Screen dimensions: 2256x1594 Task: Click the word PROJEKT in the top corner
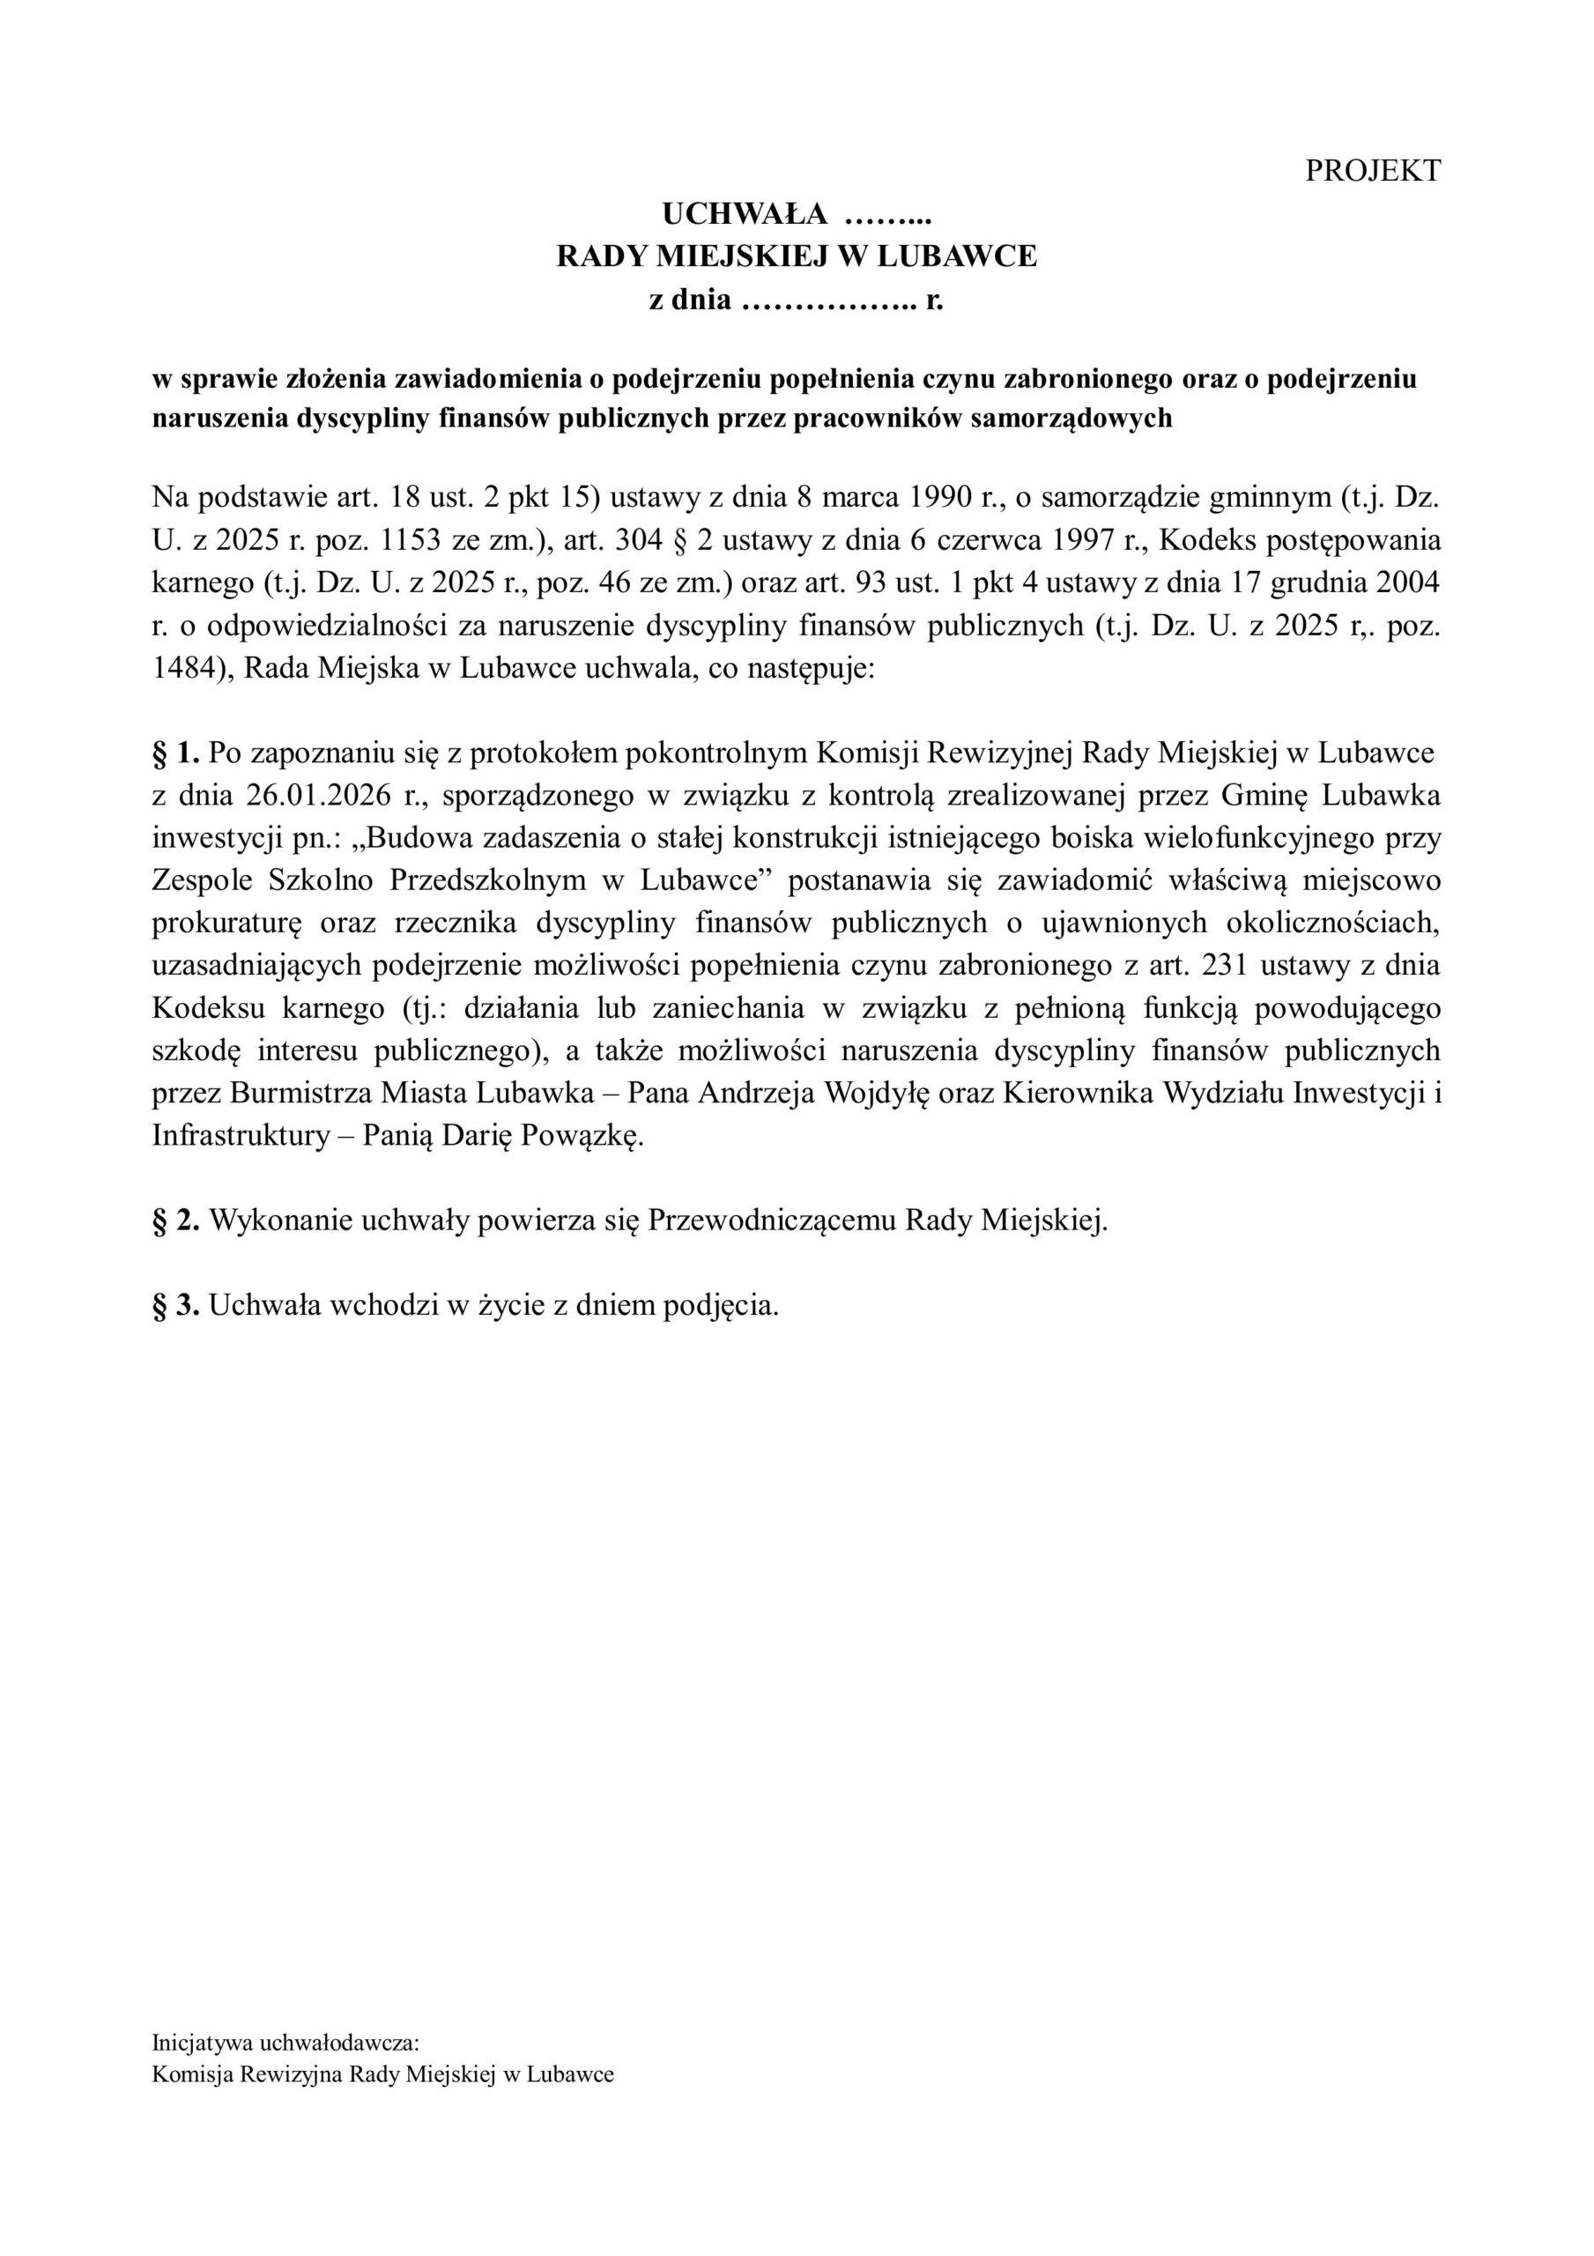tap(1372, 170)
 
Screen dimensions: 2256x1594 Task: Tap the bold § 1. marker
tap(177, 753)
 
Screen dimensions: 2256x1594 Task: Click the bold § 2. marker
tap(177, 1221)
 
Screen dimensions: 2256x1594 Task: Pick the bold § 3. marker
tap(177, 1305)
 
